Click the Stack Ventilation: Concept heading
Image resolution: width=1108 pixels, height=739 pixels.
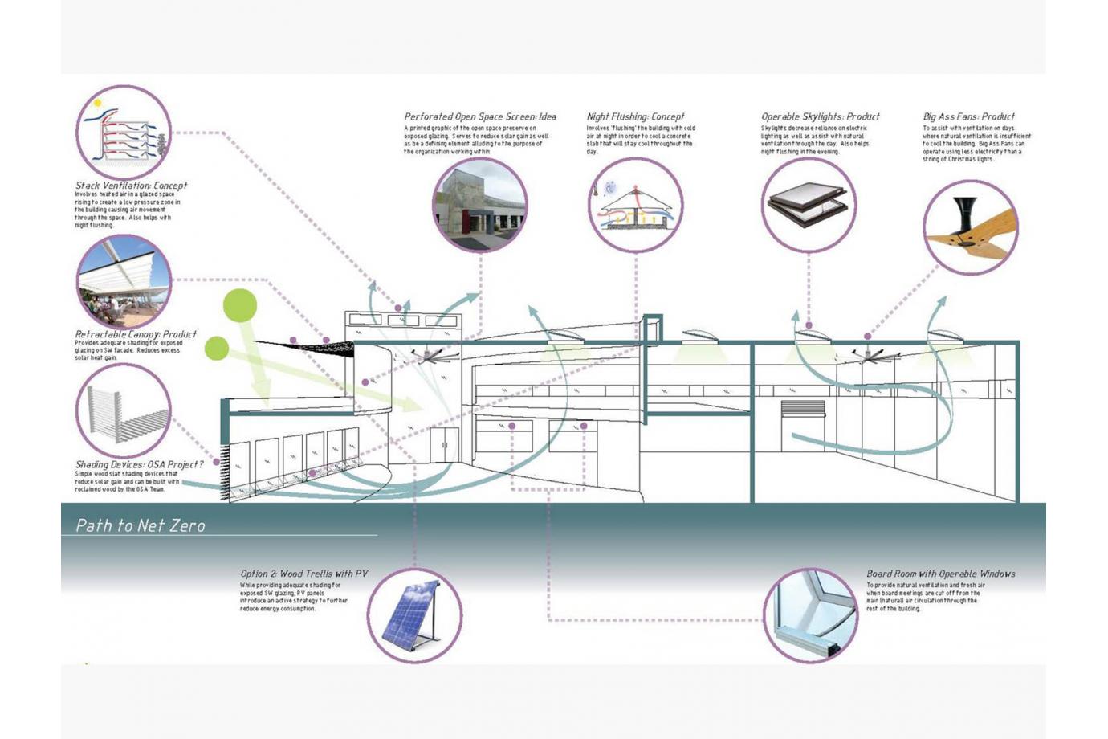(131, 186)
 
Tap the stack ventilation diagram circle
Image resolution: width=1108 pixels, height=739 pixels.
(124, 133)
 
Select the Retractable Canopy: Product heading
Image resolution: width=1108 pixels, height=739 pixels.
(136, 334)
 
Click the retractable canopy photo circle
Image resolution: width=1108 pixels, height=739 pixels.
(124, 282)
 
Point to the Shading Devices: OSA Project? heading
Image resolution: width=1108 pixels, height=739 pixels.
(139, 464)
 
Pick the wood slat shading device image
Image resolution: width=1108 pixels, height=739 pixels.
(124, 410)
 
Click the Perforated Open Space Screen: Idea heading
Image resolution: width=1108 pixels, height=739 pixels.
(479, 116)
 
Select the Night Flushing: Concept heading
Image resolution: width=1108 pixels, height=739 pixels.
(635, 116)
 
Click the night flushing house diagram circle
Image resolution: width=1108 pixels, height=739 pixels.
(635, 206)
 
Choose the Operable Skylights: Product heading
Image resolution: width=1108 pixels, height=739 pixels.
(820, 116)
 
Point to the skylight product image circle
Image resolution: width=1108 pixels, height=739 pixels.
(809, 206)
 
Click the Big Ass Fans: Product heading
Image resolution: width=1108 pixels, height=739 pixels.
(968, 116)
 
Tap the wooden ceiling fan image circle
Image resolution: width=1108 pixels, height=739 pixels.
(970, 227)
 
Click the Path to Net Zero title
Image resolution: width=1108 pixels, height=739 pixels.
(141, 525)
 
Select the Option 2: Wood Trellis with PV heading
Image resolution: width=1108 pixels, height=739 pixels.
(303, 574)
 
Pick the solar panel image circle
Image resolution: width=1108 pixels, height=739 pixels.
(414, 615)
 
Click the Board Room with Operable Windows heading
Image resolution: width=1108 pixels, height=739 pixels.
(940, 574)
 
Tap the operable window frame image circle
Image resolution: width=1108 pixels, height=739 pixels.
(810, 615)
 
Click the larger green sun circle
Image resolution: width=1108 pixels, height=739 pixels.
(239, 305)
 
